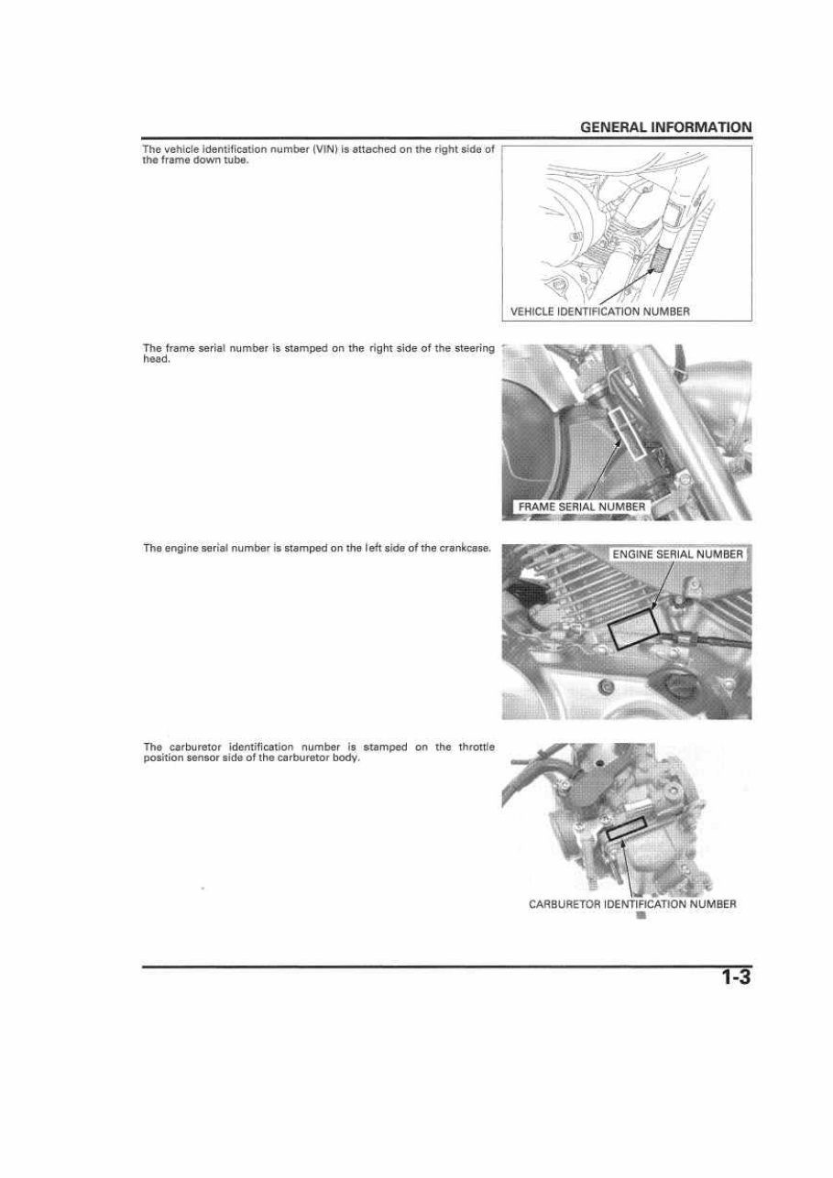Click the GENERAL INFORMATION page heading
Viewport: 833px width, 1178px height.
(x=665, y=127)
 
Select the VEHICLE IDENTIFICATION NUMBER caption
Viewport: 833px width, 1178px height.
(x=599, y=311)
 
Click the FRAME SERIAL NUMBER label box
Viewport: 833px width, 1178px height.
(x=581, y=507)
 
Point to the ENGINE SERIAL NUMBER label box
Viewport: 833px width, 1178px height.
(x=677, y=554)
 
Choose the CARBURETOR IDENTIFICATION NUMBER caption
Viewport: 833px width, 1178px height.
(x=632, y=904)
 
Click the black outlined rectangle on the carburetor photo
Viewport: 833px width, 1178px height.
(x=626, y=828)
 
